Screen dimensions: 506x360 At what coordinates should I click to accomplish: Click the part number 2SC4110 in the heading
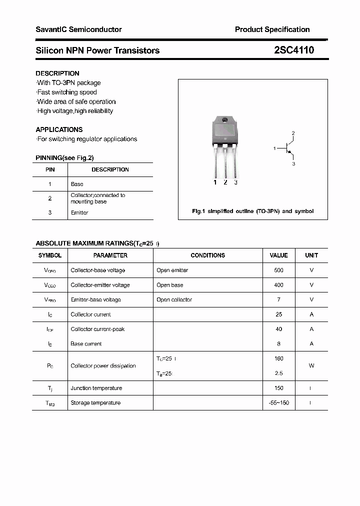(x=294, y=50)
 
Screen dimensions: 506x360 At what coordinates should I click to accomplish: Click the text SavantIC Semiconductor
(x=78, y=29)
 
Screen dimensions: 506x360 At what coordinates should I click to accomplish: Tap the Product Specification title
(x=272, y=29)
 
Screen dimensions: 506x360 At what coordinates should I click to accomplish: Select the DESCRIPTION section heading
(x=57, y=73)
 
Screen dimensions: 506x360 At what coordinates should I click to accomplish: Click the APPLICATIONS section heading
(x=59, y=129)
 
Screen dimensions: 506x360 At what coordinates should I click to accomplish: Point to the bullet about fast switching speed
(x=67, y=92)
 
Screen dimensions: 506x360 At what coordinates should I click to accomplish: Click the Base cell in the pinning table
(x=77, y=184)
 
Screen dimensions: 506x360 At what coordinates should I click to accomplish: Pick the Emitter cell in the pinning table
(x=79, y=212)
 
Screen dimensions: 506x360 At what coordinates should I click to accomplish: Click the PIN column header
(x=50, y=169)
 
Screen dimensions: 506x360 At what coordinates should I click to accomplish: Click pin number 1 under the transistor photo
(x=215, y=182)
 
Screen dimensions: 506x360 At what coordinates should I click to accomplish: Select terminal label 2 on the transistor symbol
(x=293, y=133)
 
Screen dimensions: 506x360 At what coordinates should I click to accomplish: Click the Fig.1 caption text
(x=252, y=211)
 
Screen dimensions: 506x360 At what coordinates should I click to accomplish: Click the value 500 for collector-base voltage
(x=278, y=270)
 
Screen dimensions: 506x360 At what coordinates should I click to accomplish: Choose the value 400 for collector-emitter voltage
(x=278, y=285)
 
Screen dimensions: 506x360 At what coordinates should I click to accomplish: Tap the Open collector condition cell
(x=174, y=299)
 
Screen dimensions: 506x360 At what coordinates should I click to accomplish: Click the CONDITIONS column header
(x=207, y=255)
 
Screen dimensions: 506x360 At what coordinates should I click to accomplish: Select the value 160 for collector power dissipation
(x=278, y=358)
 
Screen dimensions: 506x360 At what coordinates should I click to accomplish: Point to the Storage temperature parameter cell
(x=95, y=402)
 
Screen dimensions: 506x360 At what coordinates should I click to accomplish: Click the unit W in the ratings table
(x=311, y=365)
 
